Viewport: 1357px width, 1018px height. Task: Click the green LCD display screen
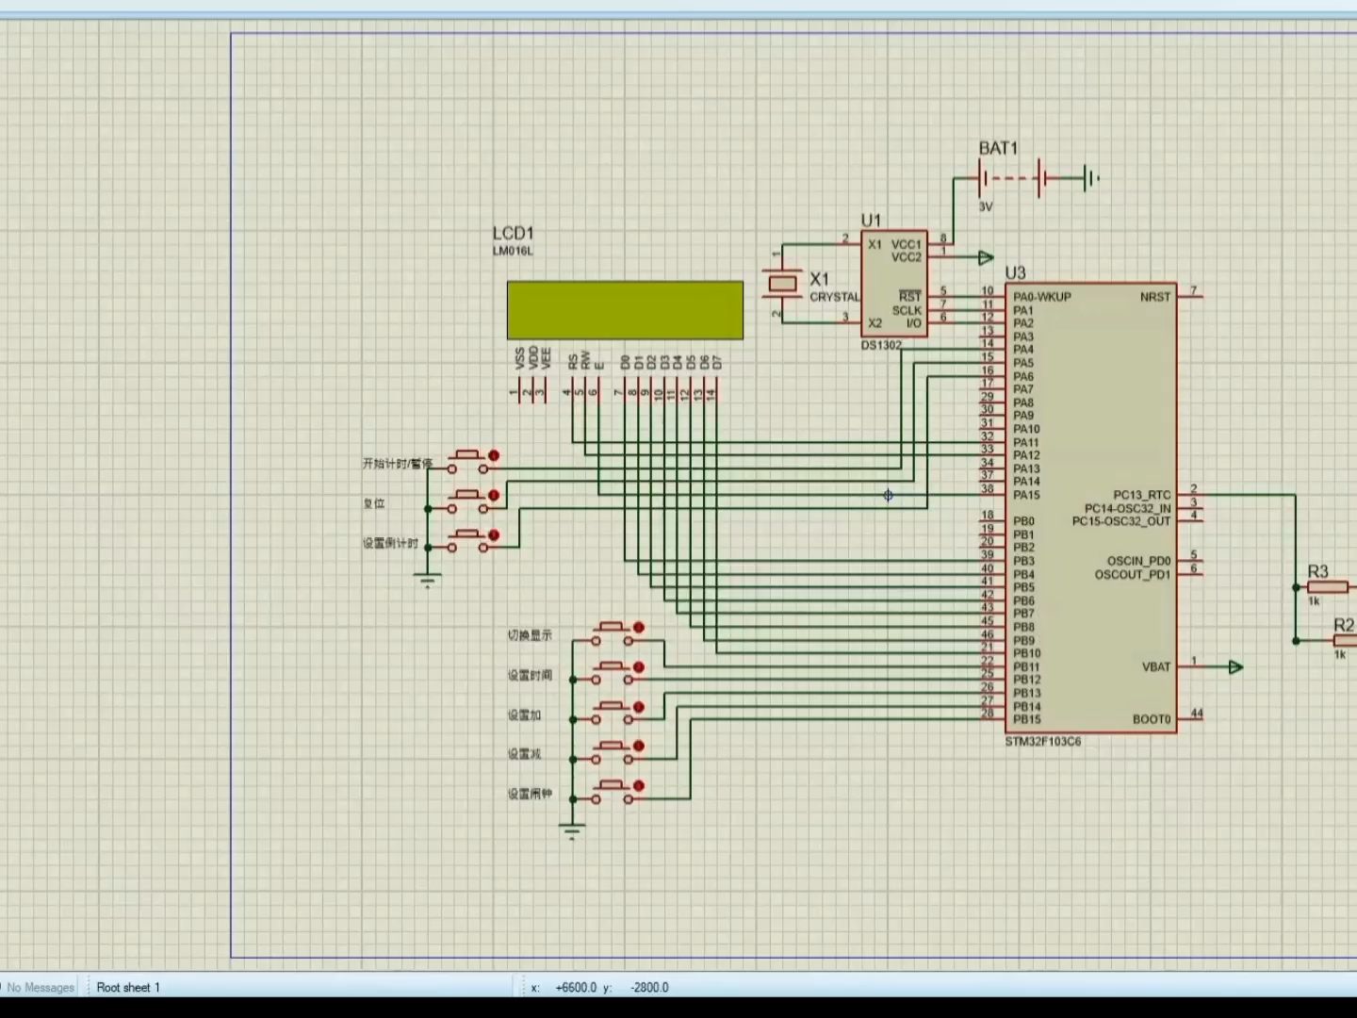tap(625, 310)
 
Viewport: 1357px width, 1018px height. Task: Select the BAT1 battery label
tap(998, 148)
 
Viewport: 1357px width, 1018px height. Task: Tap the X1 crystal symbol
tap(782, 282)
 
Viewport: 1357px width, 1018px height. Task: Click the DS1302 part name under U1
tap(881, 345)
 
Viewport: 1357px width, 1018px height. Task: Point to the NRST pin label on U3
tap(1154, 297)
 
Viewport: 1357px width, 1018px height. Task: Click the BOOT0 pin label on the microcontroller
tap(1151, 719)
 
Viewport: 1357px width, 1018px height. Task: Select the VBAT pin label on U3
tap(1156, 666)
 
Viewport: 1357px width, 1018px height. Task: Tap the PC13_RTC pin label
tap(1141, 495)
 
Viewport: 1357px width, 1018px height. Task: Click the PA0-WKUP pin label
tap(1041, 297)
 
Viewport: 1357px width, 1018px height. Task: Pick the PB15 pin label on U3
tap(1026, 719)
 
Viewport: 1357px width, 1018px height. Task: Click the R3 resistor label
tap(1317, 571)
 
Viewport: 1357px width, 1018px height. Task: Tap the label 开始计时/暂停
tap(397, 464)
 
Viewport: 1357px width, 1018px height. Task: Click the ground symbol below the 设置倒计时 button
tap(428, 580)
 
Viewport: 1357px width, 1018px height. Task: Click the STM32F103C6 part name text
tap(1042, 742)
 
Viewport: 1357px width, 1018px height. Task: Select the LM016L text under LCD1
tap(512, 252)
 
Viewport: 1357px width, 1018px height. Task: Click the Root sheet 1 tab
tap(128, 987)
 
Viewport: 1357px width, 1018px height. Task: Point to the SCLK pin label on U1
tap(907, 310)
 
